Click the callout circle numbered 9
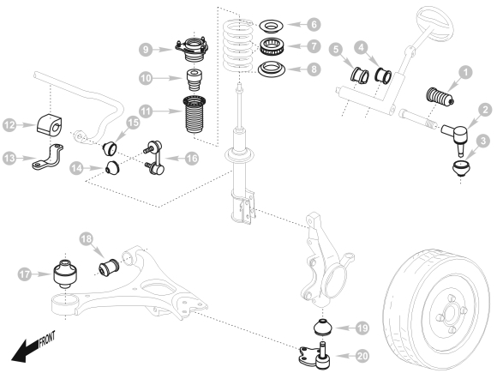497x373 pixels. pyautogui.click(x=146, y=50)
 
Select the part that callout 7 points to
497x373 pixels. pyautogui.click(x=272, y=45)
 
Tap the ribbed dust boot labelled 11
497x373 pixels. pyautogui.click(x=195, y=115)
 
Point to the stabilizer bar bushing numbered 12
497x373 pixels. pyautogui.click(x=50, y=123)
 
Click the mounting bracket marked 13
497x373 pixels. pyautogui.click(x=48, y=156)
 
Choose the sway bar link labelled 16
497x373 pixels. pyautogui.click(x=153, y=157)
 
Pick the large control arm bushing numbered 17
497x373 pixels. pyautogui.click(x=65, y=274)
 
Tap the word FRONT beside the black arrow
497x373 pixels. pyautogui.click(x=47, y=339)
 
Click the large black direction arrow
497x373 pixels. pyautogui.click(x=25, y=350)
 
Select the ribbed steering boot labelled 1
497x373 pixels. pyautogui.click(x=440, y=96)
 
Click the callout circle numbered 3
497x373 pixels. pyautogui.click(x=483, y=141)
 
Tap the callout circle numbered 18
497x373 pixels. pyautogui.click(x=86, y=239)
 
